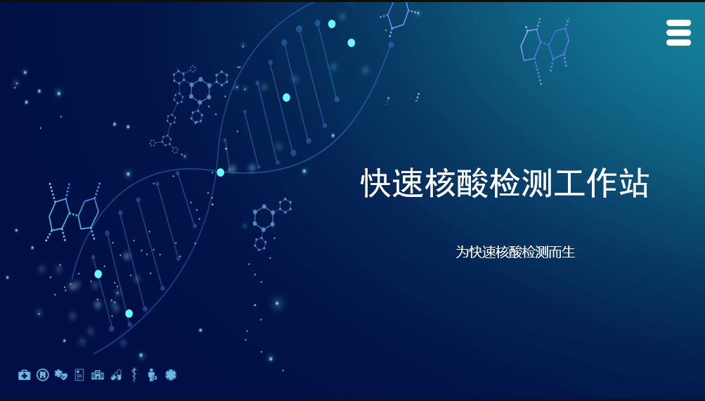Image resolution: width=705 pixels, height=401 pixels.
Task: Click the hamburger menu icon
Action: pos(678,32)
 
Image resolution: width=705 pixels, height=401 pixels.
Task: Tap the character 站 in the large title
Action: pos(634,183)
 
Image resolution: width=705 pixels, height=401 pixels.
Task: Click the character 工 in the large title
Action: pos(569,183)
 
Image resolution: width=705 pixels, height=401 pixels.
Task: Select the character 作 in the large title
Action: pos(602,183)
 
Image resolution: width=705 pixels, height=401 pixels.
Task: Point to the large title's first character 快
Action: pos(376,183)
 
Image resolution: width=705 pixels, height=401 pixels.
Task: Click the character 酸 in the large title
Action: pos(472,183)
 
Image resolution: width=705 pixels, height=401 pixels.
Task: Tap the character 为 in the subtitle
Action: pos(463,252)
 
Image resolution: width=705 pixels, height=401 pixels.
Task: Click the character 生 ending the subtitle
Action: pos(569,252)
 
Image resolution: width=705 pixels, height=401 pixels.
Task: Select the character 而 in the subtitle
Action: pos(555,252)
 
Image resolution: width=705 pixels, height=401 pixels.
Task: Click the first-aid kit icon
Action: pos(25,375)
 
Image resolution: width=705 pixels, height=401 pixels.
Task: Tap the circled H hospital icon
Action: pos(43,374)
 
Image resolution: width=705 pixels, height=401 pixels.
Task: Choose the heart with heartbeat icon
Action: pos(60,374)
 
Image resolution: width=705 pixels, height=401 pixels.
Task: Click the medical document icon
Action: pos(79,374)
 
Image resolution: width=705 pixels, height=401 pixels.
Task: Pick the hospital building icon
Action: pos(98,375)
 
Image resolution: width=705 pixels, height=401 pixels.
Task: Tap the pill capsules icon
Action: pos(116,375)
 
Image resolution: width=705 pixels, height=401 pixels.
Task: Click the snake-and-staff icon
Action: pos(134,374)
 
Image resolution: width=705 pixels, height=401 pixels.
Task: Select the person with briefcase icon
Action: pos(153,374)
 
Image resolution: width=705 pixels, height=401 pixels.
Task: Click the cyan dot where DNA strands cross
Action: pos(220,172)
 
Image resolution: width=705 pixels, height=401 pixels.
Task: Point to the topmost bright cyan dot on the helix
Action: pos(332,24)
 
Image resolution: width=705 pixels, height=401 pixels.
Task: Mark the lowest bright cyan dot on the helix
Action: pos(129,314)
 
